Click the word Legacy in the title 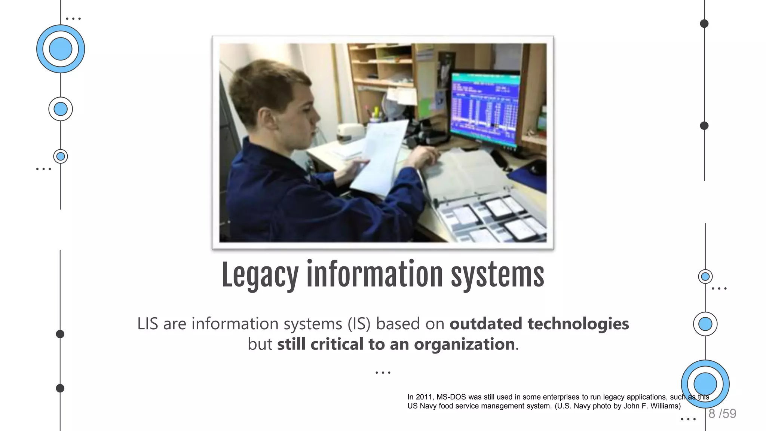point(260,275)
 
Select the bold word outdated point(485,324)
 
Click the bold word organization point(464,344)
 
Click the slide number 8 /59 point(722,413)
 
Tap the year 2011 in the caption point(424,397)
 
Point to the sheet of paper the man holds point(378,157)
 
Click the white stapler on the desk point(350,133)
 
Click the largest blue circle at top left point(61,49)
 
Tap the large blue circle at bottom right point(705,384)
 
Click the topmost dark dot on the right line point(704,24)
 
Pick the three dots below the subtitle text point(383,373)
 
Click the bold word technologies point(578,324)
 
